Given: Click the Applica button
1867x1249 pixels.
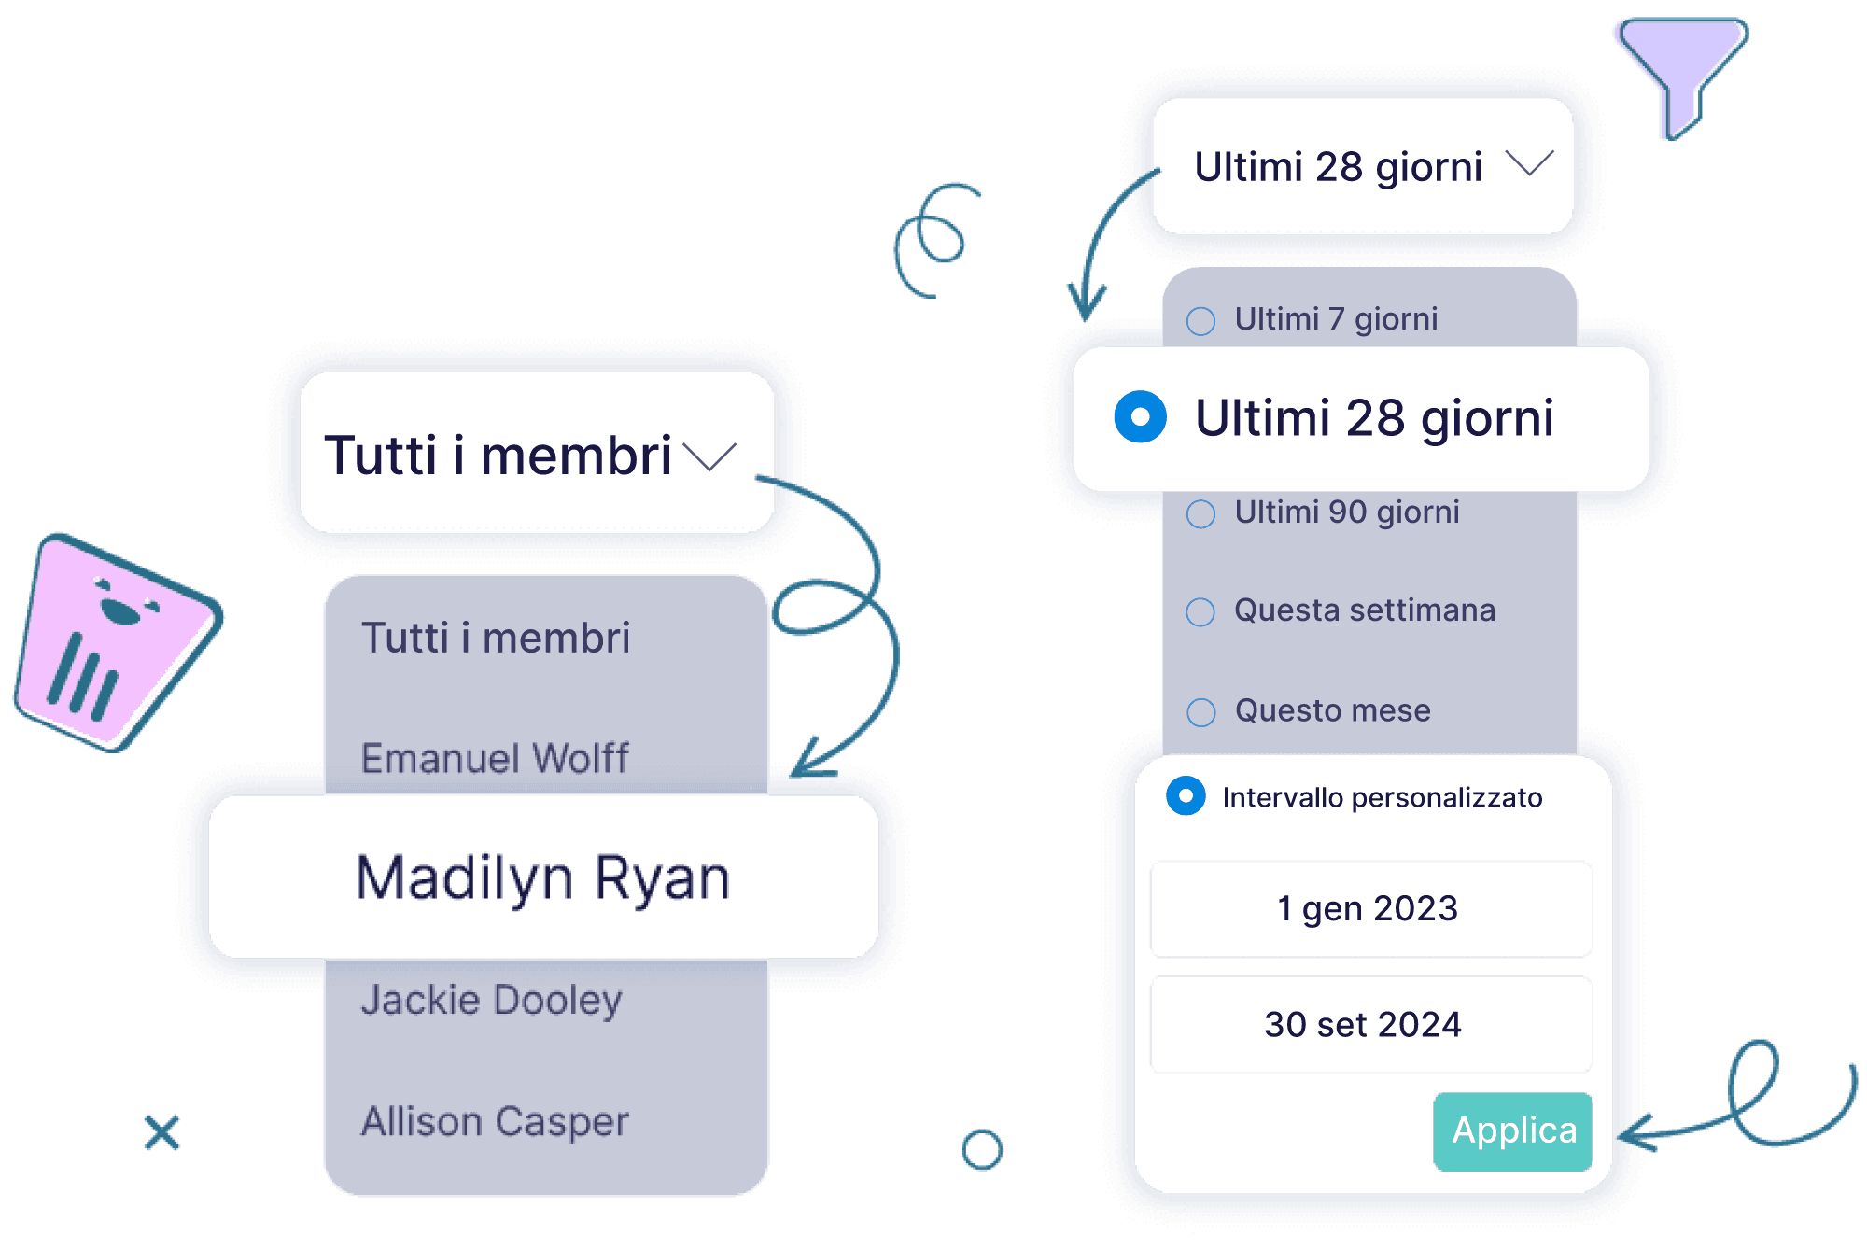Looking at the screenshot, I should tap(1512, 1131).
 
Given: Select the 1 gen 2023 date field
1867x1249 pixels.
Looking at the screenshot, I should tap(1370, 909).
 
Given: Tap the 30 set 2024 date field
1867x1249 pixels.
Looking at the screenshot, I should tap(1370, 1024).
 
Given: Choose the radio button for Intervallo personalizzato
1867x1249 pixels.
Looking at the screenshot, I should tap(1186, 796).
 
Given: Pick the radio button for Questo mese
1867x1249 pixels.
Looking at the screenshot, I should tap(1200, 712).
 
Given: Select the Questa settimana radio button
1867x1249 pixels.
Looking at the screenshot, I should tap(1200, 612).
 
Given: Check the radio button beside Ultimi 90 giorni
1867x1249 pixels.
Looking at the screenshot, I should tap(1200, 513).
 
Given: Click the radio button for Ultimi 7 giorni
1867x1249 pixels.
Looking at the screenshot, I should tap(1200, 321).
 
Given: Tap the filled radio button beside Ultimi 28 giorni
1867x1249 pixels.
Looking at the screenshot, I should tap(1140, 416).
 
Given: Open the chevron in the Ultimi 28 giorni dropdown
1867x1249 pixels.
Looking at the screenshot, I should tap(1529, 164).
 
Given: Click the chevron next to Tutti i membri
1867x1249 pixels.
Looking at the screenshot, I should tap(709, 456).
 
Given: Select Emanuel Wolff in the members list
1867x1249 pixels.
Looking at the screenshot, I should tap(495, 758).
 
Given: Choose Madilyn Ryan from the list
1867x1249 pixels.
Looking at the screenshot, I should tap(543, 877).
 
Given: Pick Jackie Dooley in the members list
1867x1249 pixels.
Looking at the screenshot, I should tap(491, 1000).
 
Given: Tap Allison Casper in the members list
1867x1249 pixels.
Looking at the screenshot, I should tap(495, 1121).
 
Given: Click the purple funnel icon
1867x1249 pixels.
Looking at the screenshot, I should tap(1678, 70).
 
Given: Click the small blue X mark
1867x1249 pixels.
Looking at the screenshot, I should tap(162, 1132).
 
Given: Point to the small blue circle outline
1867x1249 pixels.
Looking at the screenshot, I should tap(981, 1150).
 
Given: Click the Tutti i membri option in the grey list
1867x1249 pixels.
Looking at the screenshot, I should tap(496, 639).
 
